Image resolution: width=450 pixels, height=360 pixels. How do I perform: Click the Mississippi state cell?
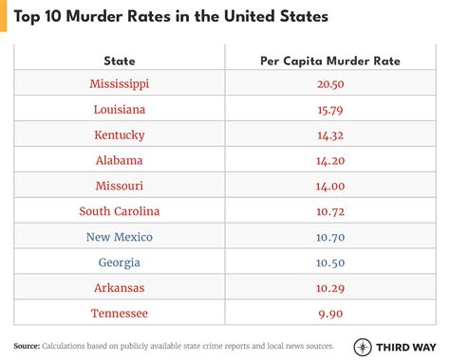[x=120, y=83]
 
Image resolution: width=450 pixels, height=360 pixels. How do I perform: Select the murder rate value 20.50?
[x=329, y=83]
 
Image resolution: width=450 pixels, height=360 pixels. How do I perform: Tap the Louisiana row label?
[x=120, y=109]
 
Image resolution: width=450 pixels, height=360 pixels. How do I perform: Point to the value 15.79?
[x=329, y=109]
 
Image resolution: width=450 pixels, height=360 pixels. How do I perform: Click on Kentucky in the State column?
[x=120, y=135]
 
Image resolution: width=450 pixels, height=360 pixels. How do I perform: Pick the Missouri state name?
[x=120, y=185]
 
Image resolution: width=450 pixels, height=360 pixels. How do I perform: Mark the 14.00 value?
[x=329, y=185]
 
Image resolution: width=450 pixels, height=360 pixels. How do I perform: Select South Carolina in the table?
[x=120, y=210]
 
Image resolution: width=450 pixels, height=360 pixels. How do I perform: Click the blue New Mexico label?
[x=120, y=236]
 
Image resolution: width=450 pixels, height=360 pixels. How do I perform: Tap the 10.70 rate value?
[x=329, y=236]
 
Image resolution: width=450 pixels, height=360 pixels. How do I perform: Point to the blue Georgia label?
[x=120, y=261]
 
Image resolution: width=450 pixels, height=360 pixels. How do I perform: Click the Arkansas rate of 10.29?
[x=329, y=287]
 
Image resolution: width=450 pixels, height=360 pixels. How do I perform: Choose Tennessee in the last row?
[x=120, y=313]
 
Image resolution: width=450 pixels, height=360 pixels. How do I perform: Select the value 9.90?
[x=329, y=313]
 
